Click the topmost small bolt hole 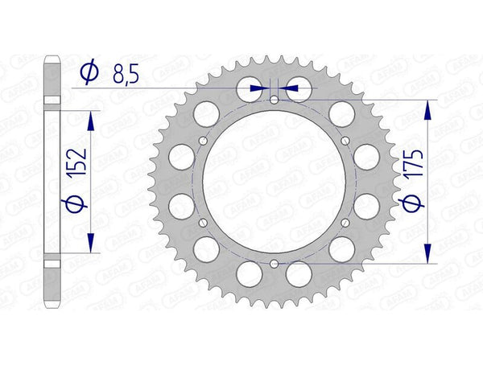click(274, 100)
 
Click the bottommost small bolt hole click(274, 263)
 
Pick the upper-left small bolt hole click(203, 141)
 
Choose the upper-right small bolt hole click(345, 141)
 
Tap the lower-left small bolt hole click(203, 223)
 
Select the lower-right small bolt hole click(345, 223)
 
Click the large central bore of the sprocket click(274, 182)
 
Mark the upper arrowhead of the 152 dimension click(90, 117)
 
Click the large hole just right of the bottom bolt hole click(300, 275)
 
